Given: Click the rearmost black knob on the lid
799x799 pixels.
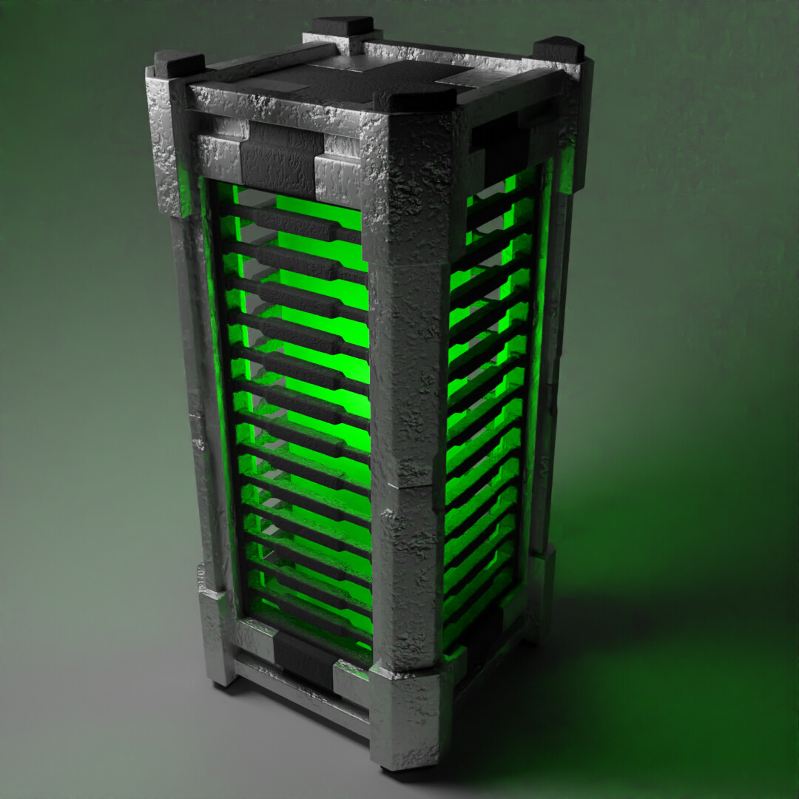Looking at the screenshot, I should pos(342,27).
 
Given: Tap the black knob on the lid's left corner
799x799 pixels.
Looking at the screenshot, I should pos(178,64).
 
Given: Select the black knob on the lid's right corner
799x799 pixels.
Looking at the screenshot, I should pos(559,49).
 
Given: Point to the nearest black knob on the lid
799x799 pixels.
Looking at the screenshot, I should pos(414,97).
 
